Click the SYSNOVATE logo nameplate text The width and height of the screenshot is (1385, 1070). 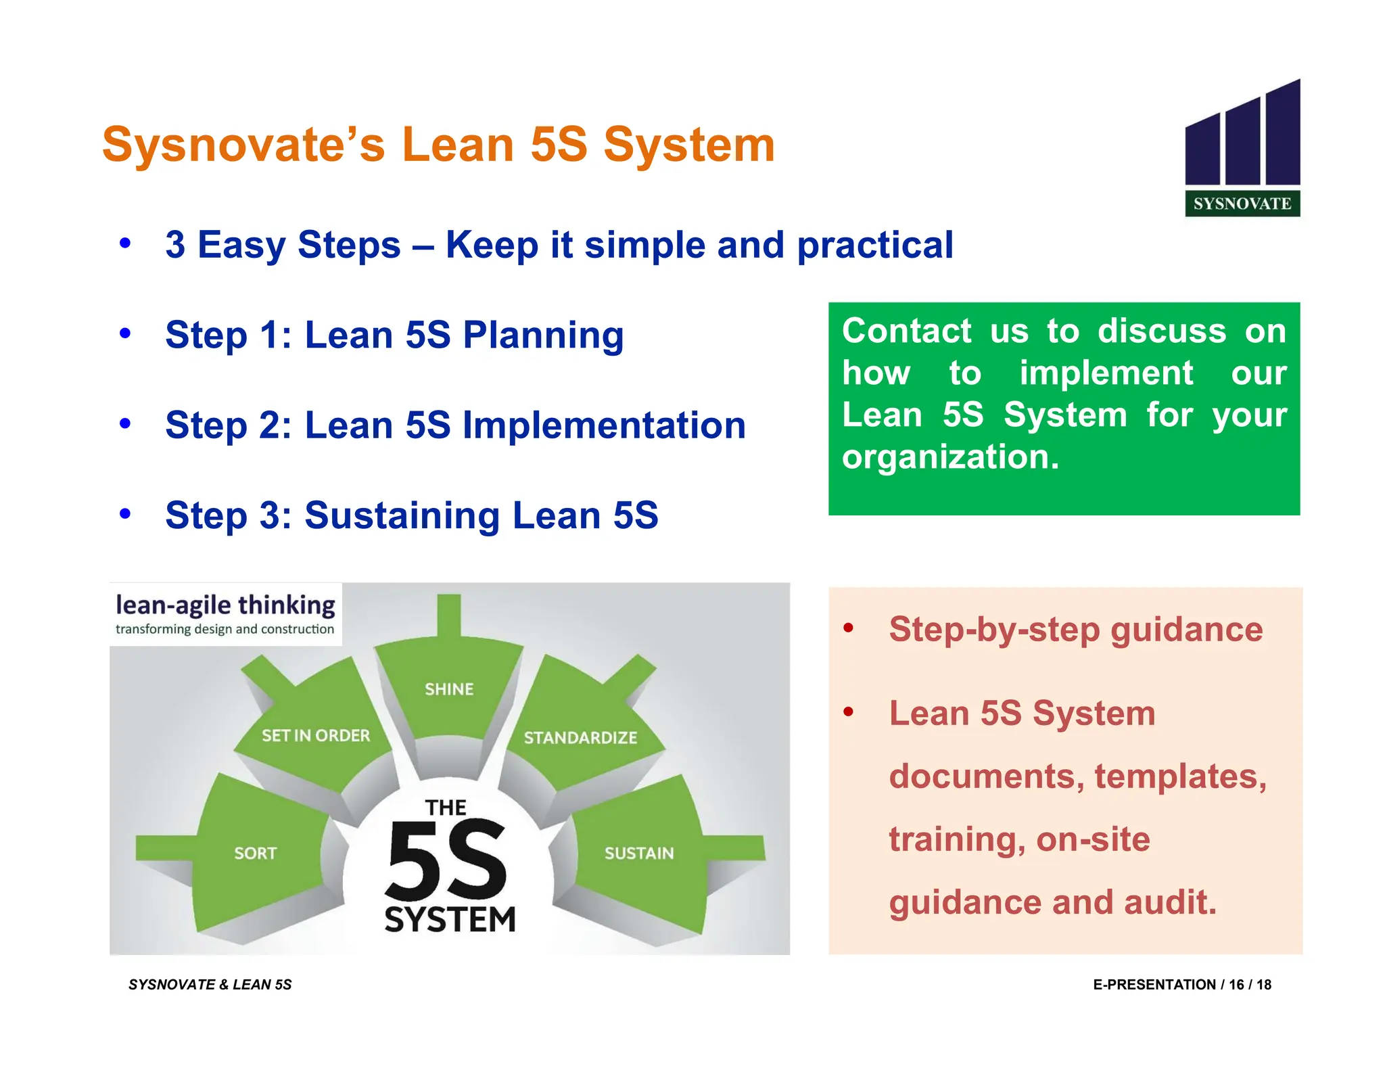(x=1242, y=204)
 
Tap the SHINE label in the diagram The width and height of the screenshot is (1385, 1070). (x=449, y=689)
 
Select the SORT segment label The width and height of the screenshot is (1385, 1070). (x=255, y=854)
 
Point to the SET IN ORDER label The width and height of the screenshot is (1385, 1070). (x=316, y=735)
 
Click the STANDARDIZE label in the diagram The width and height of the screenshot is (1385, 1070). (x=580, y=737)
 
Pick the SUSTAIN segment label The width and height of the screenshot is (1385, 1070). (x=639, y=854)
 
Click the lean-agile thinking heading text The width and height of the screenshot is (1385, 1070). (x=225, y=605)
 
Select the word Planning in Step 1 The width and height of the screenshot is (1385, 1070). (x=543, y=335)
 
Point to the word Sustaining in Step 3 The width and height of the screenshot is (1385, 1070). (x=402, y=515)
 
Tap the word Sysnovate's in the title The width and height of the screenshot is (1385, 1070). (x=243, y=145)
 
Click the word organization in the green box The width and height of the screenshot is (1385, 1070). (x=949, y=457)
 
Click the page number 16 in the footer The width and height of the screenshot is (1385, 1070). (x=1236, y=985)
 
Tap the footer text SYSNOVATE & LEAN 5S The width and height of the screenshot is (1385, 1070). (x=210, y=985)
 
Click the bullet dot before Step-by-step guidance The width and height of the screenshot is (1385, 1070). (x=848, y=629)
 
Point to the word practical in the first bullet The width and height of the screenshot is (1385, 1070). (x=875, y=245)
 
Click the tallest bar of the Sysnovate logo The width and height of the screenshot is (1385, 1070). (x=1282, y=133)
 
